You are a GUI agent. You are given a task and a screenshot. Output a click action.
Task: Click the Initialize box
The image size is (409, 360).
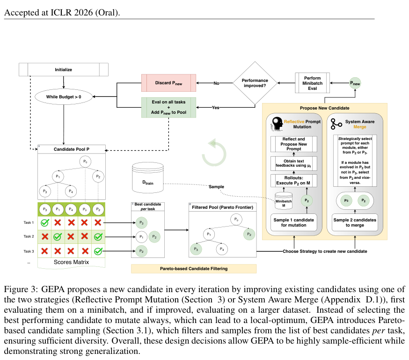point(63,70)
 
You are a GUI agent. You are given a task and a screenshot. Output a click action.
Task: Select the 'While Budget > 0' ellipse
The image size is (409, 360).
point(64,97)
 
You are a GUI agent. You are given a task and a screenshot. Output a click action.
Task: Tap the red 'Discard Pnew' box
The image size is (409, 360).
point(168,83)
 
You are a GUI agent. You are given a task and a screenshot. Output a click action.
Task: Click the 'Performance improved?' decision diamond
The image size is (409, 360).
point(255,83)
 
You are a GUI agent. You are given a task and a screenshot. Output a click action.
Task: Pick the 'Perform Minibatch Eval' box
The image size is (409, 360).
point(312,83)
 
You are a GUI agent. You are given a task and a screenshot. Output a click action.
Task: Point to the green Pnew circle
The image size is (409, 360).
point(355,83)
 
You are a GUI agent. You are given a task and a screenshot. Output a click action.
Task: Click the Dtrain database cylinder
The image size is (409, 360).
point(148,177)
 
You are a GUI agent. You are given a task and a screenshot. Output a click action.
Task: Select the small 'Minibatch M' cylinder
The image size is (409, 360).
point(284,201)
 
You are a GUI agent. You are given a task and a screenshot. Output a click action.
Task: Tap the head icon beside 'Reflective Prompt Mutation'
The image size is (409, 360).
point(277,124)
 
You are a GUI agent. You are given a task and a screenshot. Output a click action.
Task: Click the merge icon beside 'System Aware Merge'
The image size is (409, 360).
point(336,124)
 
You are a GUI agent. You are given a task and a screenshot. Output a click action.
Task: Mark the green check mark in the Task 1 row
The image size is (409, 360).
point(45,223)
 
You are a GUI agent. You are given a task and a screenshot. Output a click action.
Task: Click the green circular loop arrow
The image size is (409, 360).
point(214,153)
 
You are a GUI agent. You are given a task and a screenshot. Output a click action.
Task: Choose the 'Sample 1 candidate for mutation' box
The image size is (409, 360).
point(294,222)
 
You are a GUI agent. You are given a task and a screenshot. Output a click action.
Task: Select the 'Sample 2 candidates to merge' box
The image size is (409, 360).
point(355,222)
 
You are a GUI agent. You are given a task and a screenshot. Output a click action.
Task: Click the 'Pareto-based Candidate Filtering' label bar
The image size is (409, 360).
point(194,269)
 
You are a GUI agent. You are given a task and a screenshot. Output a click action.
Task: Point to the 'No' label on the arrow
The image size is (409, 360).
point(217,83)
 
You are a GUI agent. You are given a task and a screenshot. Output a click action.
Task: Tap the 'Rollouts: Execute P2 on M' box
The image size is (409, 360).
point(294,181)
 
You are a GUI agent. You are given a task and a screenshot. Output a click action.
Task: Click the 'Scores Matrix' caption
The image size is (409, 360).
point(71,262)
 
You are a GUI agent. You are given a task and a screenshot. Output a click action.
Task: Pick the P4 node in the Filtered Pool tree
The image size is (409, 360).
point(222,249)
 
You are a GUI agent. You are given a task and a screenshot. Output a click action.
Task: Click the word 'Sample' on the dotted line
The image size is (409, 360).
point(216,187)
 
